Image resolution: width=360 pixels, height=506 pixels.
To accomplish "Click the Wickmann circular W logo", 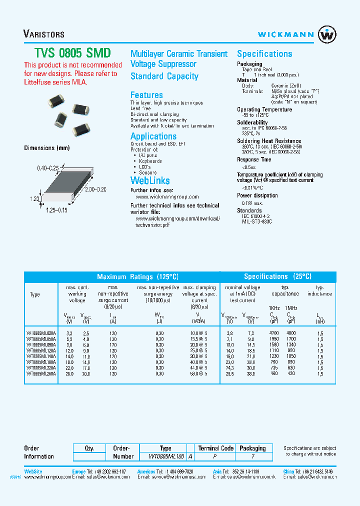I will click(327, 34).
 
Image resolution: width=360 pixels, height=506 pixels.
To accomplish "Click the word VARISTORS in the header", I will click(44, 34).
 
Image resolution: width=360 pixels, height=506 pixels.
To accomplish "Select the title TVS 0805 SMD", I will click(66, 53).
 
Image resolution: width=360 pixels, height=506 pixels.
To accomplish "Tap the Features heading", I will click(146, 95).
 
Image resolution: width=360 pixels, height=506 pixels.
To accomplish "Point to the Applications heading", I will click(153, 136).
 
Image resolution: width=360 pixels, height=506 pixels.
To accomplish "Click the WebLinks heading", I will click(150, 180).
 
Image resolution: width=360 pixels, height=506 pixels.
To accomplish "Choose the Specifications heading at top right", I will click(264, 54).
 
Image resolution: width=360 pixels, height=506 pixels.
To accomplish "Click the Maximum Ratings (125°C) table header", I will click(137, 276).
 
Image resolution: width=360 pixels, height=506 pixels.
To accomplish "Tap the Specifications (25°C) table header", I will click(277, 276).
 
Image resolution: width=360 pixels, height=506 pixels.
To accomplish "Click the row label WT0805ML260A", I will click(41, 373).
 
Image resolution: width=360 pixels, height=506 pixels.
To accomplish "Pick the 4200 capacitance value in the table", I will click(274, 332).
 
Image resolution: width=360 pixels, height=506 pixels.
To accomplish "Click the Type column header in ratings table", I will click(35, 294).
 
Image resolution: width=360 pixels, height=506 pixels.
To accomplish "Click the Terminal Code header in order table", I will click(216, 448).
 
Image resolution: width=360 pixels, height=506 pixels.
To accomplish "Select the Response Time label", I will click(254, 159).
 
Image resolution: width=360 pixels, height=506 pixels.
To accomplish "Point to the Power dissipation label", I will click(257, 195).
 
